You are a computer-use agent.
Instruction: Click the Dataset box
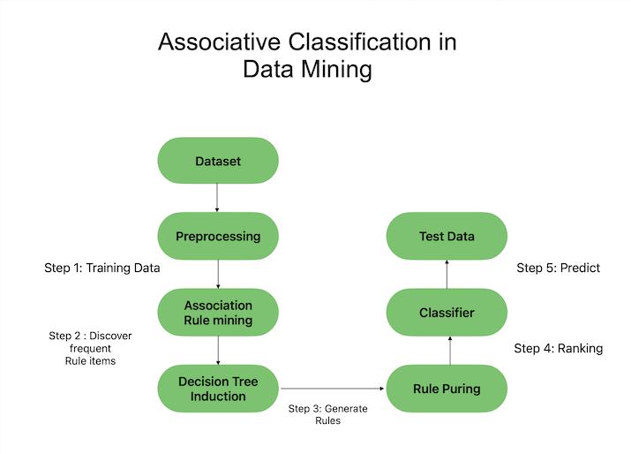pos(217,162)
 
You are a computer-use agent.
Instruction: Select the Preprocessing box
pos(217,237)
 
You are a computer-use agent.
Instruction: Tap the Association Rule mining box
pos(217,313)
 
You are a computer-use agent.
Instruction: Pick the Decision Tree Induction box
pos(217,389)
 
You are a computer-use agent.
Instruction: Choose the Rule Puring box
pos(447,389)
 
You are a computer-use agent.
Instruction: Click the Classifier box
pos(447,313)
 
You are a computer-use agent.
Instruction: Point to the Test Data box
pos(447,237)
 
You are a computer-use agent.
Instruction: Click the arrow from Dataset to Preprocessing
pos(217,199)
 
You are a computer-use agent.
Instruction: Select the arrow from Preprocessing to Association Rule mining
pos(217,275)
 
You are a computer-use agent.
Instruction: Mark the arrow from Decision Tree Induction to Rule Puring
pos(332,389)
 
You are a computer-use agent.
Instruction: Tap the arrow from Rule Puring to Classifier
pos(450,351)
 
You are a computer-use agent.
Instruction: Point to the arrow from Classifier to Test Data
pos(447,275)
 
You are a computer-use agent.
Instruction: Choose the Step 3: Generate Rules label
pos(327,414)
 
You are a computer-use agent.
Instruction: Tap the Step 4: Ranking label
pos(558,349)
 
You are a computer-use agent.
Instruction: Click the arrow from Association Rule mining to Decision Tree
pos(217,351)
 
